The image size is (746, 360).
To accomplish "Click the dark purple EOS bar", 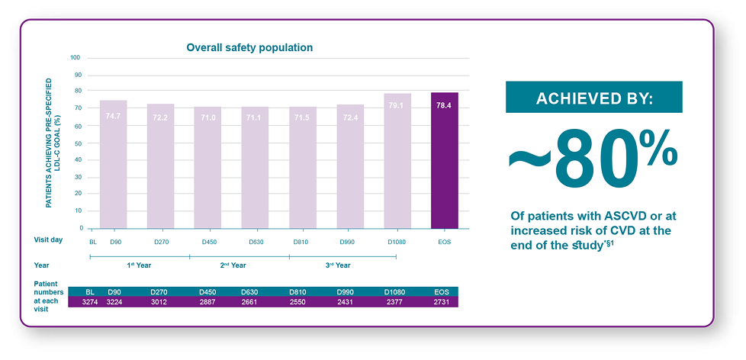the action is pos(445,161).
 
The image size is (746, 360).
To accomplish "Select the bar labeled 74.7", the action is pos(113,165).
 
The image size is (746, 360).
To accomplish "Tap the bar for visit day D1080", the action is pos(397,161).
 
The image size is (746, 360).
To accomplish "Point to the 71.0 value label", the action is pos(208,117).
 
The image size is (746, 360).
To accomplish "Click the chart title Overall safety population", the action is pos(249,47).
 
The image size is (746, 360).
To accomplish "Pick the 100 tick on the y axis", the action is pos(76,58).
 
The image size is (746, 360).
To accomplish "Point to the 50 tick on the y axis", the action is pos(78,143).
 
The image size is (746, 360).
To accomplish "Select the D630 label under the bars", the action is pos(256,242).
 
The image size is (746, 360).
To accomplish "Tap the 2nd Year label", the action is pos(233,265).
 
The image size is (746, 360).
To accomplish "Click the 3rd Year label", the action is pos(338,265).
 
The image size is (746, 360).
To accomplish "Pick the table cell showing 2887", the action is pos(209,302).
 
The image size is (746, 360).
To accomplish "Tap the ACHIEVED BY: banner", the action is pos(593,97).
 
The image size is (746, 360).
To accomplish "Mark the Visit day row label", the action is pos(48,239).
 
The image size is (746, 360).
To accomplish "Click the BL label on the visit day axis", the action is pos(93,242).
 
